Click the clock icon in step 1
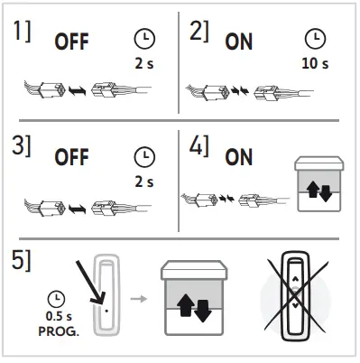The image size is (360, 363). pyautogui.click(x=143, y=39)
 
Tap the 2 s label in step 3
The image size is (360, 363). pyautogui.click(x=143, y=181)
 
